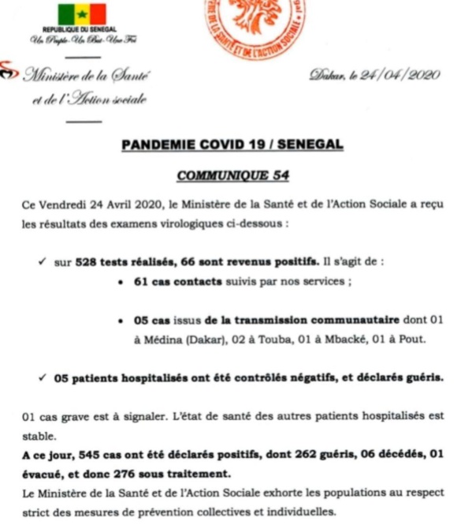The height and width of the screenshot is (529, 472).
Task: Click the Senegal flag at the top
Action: (82, 14)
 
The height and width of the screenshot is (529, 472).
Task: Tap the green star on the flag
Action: (82, 14)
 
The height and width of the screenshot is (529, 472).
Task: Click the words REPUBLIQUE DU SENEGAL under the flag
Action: (81, 30)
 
